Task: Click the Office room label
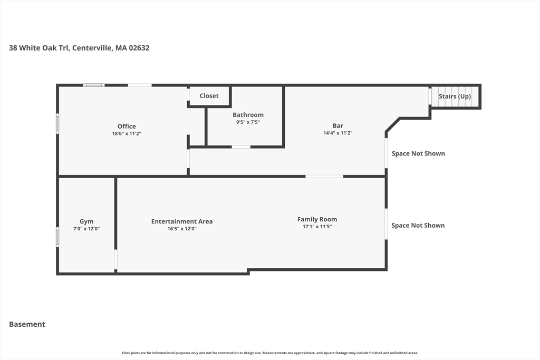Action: [127, 127]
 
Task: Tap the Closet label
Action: [209, 96]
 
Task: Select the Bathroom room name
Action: [248, 115]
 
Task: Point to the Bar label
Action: [338, 126]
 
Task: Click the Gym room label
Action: [86, 222]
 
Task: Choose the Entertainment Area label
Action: [182, 221]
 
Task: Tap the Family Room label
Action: [317, 219]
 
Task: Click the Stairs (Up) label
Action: [455, 96]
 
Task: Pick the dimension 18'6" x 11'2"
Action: [127, 133]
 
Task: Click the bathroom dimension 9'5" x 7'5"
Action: [248, 122]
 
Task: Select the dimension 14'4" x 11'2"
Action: [338, 133]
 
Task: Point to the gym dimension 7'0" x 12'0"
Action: [86, 229]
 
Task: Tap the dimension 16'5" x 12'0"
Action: [182, 229]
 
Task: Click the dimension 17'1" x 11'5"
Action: [317, 227]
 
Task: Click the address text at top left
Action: [79, 48]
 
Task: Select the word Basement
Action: [27, 324]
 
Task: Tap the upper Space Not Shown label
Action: [418, 153]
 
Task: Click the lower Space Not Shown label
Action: [418, 226]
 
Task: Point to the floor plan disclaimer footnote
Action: [270, 353]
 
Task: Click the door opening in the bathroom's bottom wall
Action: [241, 147]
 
